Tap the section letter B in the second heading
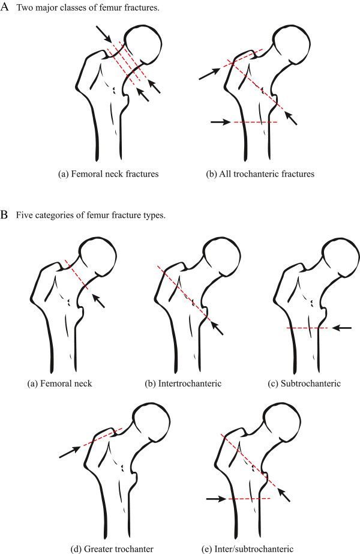pos(5,214)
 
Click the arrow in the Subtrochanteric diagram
pos(343,328)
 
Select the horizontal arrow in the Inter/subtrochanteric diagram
pos(215,498)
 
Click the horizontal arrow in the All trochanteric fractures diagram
pos(220,122)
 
